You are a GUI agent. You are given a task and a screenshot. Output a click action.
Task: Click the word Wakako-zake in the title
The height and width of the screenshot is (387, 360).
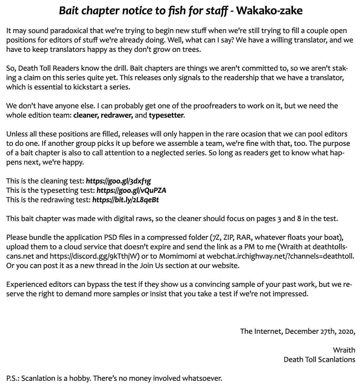(269, 11)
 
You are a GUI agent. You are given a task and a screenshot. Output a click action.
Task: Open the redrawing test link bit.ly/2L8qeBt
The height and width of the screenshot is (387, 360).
(126, 200)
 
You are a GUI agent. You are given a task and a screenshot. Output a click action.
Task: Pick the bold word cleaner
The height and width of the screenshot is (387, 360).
(86, 115)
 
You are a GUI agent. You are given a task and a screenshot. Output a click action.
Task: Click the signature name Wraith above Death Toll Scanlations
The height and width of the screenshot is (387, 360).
(344, 350)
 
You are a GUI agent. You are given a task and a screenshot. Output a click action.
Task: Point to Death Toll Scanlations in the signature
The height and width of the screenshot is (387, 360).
(319, 360)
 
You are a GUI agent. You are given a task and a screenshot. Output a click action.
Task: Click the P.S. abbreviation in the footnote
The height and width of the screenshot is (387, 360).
(12, 379)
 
